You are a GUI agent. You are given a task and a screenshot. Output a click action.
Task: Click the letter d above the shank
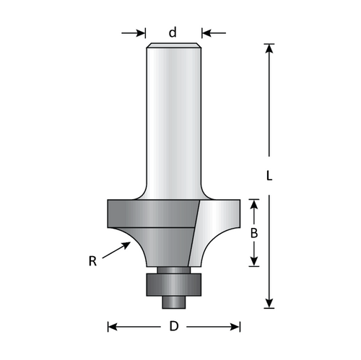(x=173, y=32)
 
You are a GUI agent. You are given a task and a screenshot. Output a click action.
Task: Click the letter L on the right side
(x=269, y=175)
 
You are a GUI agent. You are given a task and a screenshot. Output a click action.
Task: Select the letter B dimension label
(x=253, y=233)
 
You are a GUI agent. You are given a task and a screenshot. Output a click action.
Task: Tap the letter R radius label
(x=92, y=261)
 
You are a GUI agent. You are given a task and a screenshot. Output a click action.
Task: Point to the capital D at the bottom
(x=173, y=326)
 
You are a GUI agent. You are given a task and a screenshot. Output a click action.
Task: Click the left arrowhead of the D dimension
(x=113, y=326)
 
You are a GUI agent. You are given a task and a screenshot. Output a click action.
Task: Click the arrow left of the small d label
(x=135, y=32)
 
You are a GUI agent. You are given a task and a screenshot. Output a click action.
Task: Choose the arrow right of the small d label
(x=212, y=32)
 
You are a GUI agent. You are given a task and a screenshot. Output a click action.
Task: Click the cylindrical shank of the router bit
(x=173, y=123)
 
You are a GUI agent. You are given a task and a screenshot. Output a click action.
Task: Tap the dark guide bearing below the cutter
(x=173, y=283)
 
